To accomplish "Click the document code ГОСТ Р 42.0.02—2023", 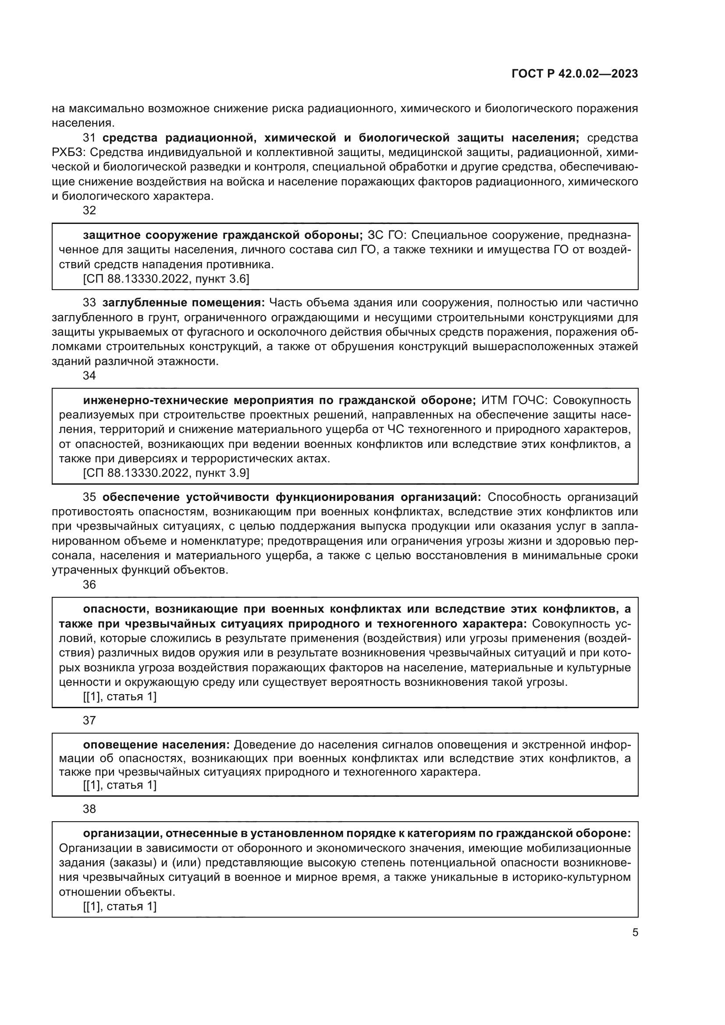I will [575, 74].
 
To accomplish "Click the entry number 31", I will [89, 138].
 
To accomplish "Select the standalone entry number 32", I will [89, 210].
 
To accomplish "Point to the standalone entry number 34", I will [89, 376].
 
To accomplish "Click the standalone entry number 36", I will [89, 585].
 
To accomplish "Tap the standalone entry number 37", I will [89, 720].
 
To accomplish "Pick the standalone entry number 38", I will [89, 809].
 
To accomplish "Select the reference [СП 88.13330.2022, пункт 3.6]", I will [166, 279].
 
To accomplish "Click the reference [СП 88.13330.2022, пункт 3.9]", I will [166, 473].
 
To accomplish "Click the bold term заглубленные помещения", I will [184, 303].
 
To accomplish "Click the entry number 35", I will [89, 497].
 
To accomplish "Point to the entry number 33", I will [89, 303].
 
